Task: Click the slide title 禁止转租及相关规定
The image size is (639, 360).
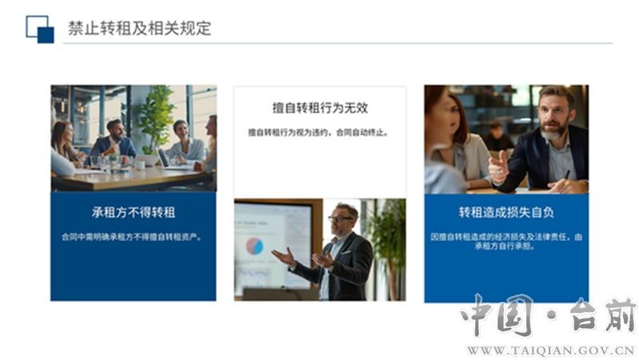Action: (x=139, y=29)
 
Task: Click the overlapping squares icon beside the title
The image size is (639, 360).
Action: (x=40, y=30)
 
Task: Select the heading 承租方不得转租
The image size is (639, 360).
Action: (x=133, y=212)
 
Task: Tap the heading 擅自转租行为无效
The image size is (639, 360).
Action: (x=320, y=108)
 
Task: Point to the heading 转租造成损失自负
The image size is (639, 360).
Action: (x=506, y=212)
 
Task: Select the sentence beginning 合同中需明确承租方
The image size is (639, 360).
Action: (x=133, y=236)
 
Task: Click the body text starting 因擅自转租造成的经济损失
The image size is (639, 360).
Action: (x=506, y=241)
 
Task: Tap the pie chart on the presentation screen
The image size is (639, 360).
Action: (x=254, y=247)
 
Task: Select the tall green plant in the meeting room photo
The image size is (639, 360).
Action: (x=156, y=119)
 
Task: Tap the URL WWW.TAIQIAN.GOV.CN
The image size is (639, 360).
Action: (x=550, y=350)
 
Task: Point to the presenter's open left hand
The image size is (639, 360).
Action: (x=284, y=257)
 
